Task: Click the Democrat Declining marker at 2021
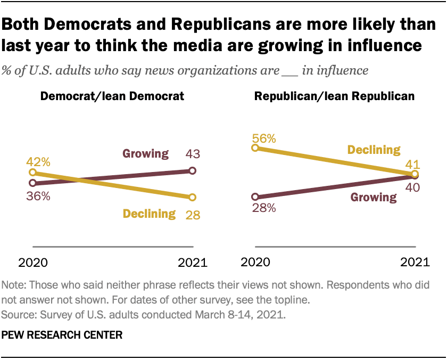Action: (192, 197)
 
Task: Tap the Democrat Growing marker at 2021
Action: (192, 170)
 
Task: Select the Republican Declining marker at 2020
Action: (255, 148)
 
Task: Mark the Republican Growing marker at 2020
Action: (255, 197)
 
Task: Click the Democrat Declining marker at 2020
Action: (33, 173)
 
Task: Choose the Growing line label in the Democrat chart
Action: (146, 154)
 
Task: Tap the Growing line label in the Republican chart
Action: (374, 198)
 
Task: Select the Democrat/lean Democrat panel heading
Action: (112, 96)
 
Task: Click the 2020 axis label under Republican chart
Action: (256, 263)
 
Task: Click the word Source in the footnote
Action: (16, 315)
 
